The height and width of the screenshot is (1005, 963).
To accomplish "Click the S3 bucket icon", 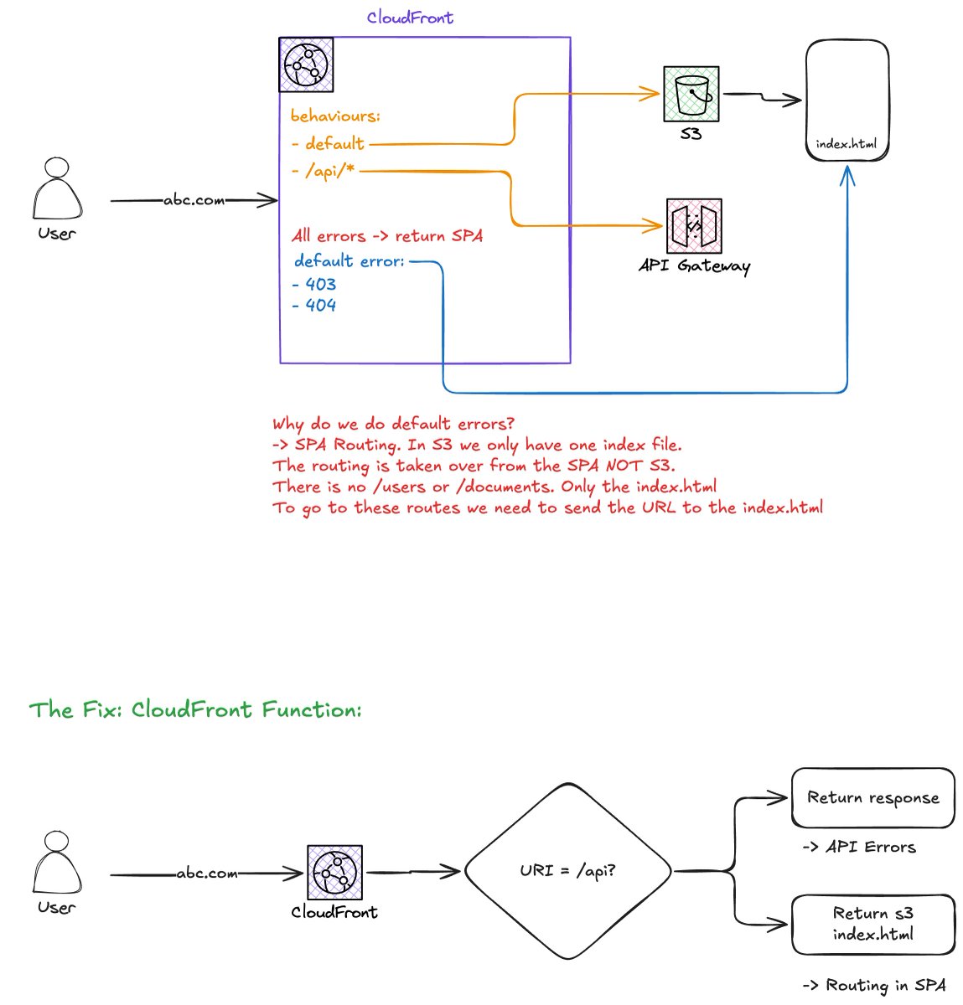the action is (x=691, y=94).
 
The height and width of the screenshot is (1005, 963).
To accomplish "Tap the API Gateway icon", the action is (x=694, y=225).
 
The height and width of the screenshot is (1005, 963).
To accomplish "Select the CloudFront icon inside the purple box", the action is (x=306, y=64).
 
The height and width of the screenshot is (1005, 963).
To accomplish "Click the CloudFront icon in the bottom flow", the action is (x=334, y=873).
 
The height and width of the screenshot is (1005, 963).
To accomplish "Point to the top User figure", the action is (x=57, y=188).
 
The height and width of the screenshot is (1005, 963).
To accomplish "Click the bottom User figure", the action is (x=57, y=863).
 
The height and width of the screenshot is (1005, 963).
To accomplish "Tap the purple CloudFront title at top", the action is (x=410, y=18).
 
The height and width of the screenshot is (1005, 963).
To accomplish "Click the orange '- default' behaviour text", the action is (x=328, y=143).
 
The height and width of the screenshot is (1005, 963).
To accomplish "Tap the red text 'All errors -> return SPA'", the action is (x=386, y=236).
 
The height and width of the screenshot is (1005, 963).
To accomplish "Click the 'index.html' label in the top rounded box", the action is (x=847, y=144).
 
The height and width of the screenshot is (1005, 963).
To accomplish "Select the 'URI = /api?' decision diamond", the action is (x=568, y=871).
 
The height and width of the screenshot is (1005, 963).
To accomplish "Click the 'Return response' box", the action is (x=873, y=798).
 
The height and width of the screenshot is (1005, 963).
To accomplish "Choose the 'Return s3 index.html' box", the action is (x=873, y=925).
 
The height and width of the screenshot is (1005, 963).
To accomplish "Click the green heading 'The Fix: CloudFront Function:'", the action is (x=195, y=709).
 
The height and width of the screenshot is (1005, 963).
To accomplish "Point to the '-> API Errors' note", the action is (x=859, y=848).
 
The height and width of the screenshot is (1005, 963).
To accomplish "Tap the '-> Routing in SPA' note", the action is (x=874, y=986).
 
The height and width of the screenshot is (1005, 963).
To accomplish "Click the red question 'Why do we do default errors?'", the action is (x=393, y=424).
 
